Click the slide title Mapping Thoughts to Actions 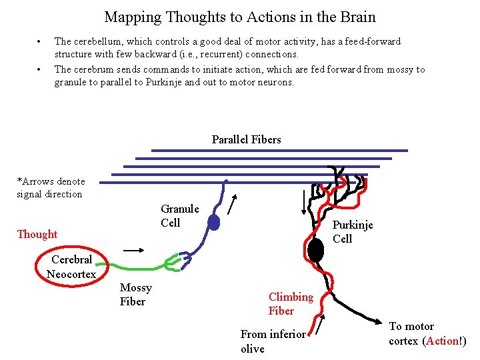click(240, 17)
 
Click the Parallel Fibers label click(246, 139)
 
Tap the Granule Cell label click(179, 216)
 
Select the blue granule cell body click(213, 223)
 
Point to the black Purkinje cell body click(316, 250)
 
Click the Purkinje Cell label click(352, 232)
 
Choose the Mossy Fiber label click(135, 295)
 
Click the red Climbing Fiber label click(291, 303)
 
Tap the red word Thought click(37, 234)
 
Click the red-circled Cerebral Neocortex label click(71, 267)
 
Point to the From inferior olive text click(272, 341)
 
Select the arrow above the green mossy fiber click(133, 250)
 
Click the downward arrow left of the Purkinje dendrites click(304, 201)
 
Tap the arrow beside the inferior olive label click(321, 325)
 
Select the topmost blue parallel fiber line click(279, 151)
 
